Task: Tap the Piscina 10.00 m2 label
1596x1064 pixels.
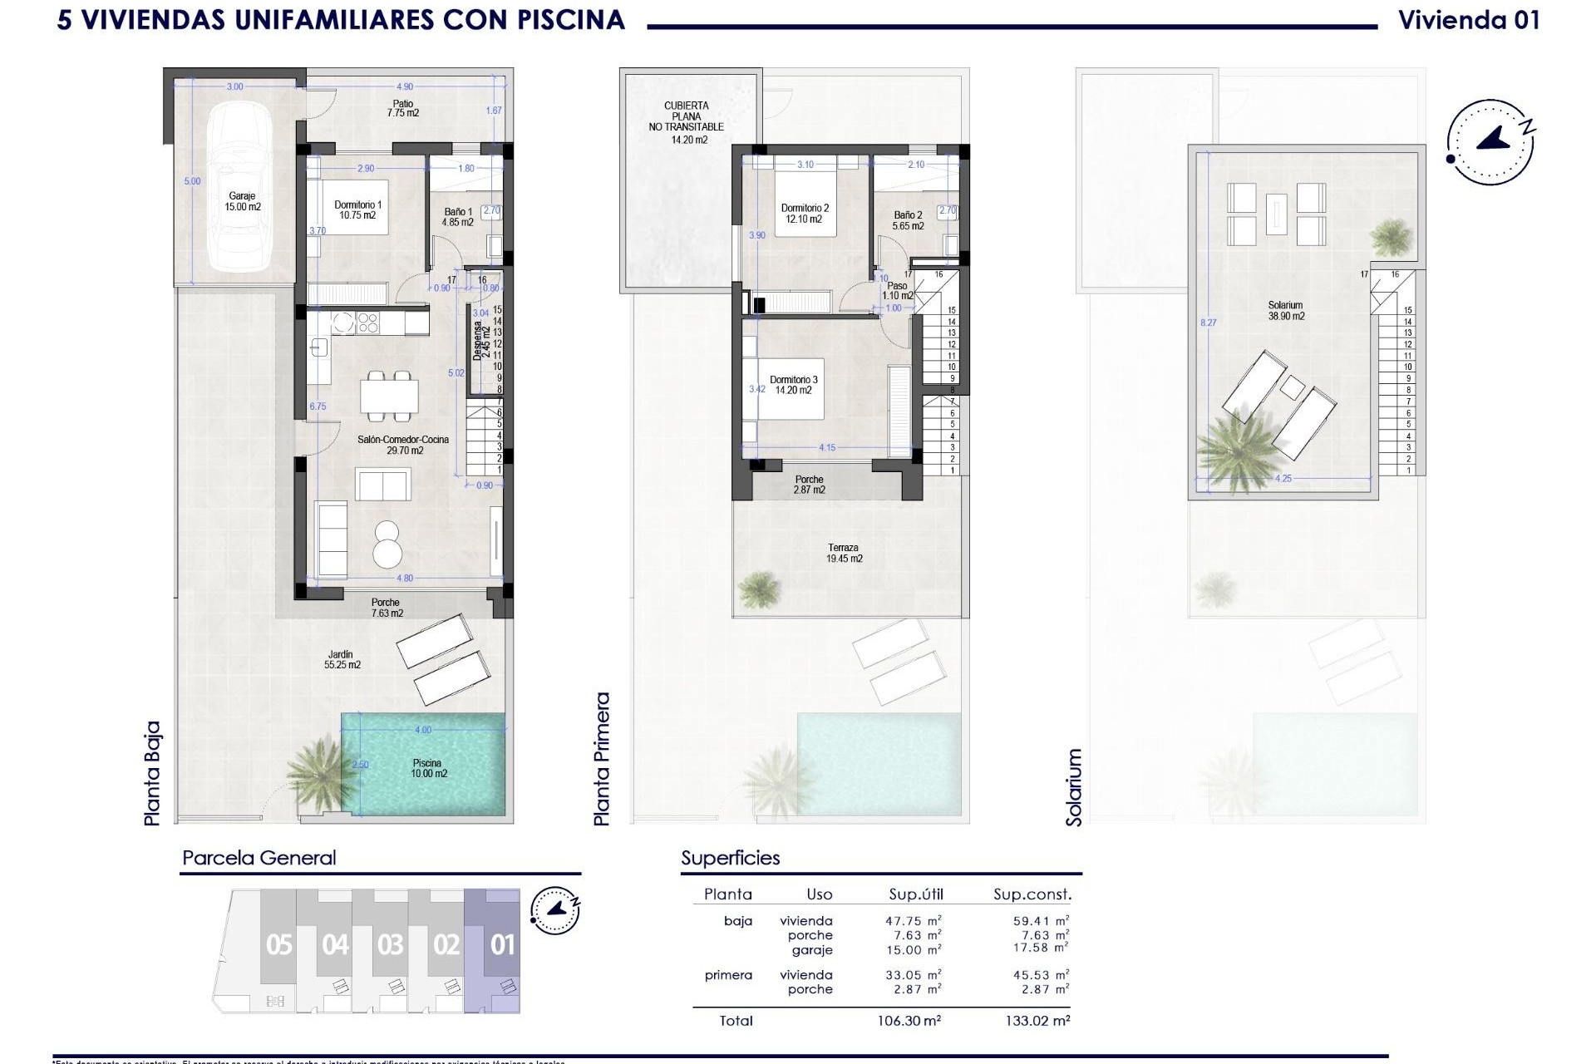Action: coord(428,768)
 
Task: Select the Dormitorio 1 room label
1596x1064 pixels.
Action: coord(357,209)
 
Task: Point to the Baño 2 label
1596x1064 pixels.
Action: coord(908,220)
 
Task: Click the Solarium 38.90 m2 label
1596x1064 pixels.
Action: coord(1285,311)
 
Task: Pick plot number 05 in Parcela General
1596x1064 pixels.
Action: coord(279,945)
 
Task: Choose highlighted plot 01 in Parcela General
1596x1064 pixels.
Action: coord(502,945)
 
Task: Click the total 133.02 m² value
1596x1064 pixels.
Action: coord(1037,1021)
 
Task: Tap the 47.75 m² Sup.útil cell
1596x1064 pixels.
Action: coord(913,921)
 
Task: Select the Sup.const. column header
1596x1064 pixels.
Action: coord(1032,894)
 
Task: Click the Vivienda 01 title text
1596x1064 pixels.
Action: coord(1469,20)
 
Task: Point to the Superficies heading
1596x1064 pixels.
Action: coord(730,858)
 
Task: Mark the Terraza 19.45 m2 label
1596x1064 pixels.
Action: coord(844,554)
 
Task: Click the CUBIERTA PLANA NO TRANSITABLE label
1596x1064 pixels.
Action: coord(687,122)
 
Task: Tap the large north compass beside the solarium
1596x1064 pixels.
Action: coord(1490,141)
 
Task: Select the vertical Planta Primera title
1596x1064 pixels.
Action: coord(602,759)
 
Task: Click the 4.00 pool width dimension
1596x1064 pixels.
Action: coord(423,730)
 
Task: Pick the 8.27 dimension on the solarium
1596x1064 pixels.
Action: coord(1208,323)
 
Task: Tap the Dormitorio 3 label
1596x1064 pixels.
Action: coord(793,385)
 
